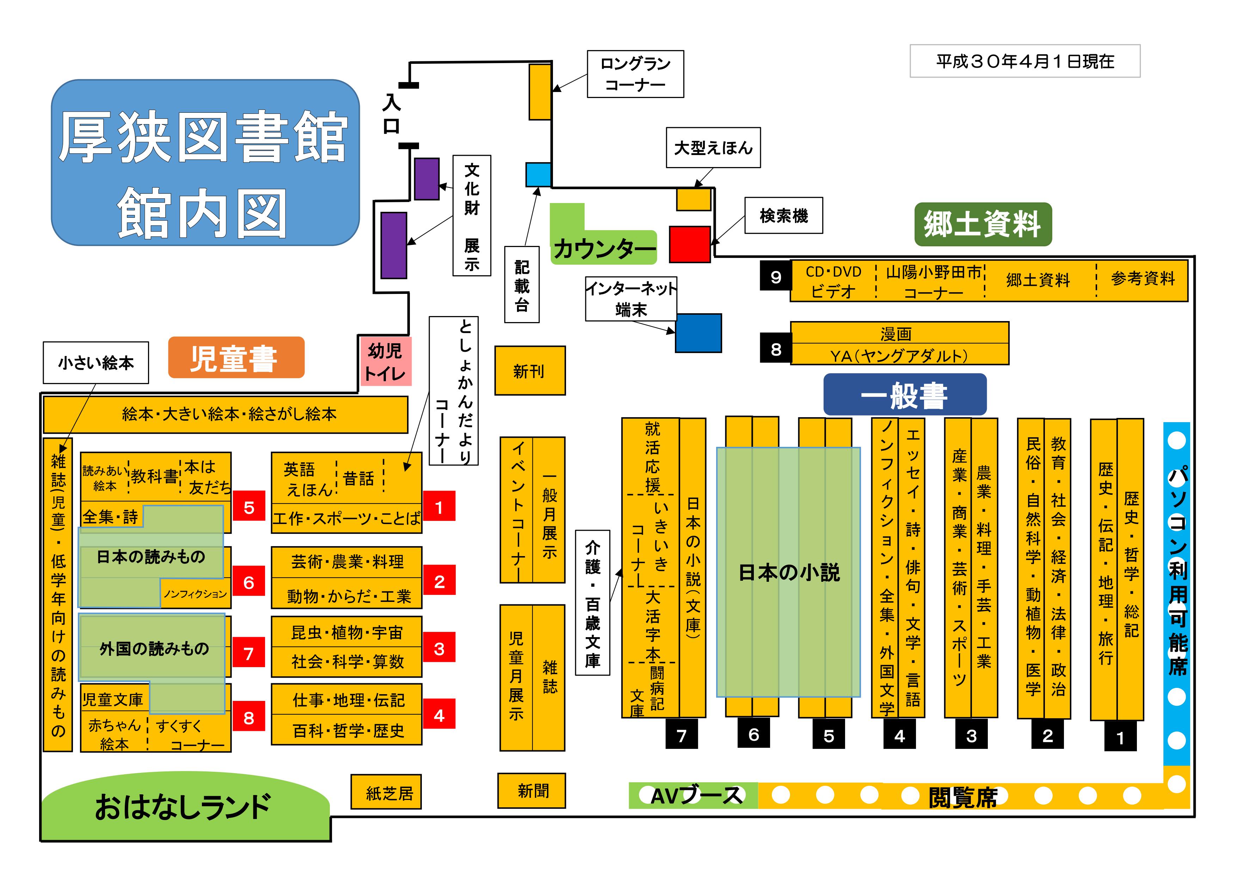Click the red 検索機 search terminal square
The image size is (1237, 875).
(690, 244)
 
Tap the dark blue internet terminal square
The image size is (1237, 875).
(698, 333)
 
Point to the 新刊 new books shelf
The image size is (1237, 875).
(530, 371)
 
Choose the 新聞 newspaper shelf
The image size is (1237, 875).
(531, 791)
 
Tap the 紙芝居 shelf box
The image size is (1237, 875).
(386, 792)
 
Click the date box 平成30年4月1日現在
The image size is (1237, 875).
(1025, 61)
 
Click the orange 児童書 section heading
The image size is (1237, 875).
(236, 358)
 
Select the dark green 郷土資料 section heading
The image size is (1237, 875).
(983, 224)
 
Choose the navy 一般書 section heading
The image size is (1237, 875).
(905, 395)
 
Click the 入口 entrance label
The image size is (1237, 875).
(391, 114)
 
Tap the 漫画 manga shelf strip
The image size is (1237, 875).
(899, 333)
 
